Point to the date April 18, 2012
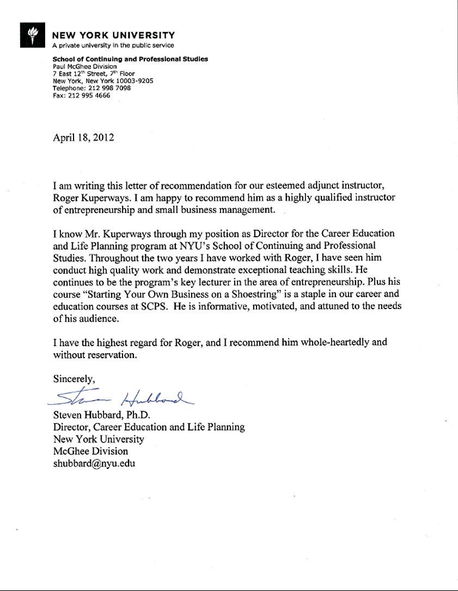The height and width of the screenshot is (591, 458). [83, 138]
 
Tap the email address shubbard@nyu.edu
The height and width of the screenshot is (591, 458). [94, 464]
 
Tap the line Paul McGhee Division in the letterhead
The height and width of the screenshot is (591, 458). [84, 66]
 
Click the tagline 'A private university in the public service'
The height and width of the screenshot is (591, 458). [113, 45]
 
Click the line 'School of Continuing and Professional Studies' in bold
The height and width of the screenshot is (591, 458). [130, 59]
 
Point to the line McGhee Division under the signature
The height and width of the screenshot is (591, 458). [90, 451]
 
